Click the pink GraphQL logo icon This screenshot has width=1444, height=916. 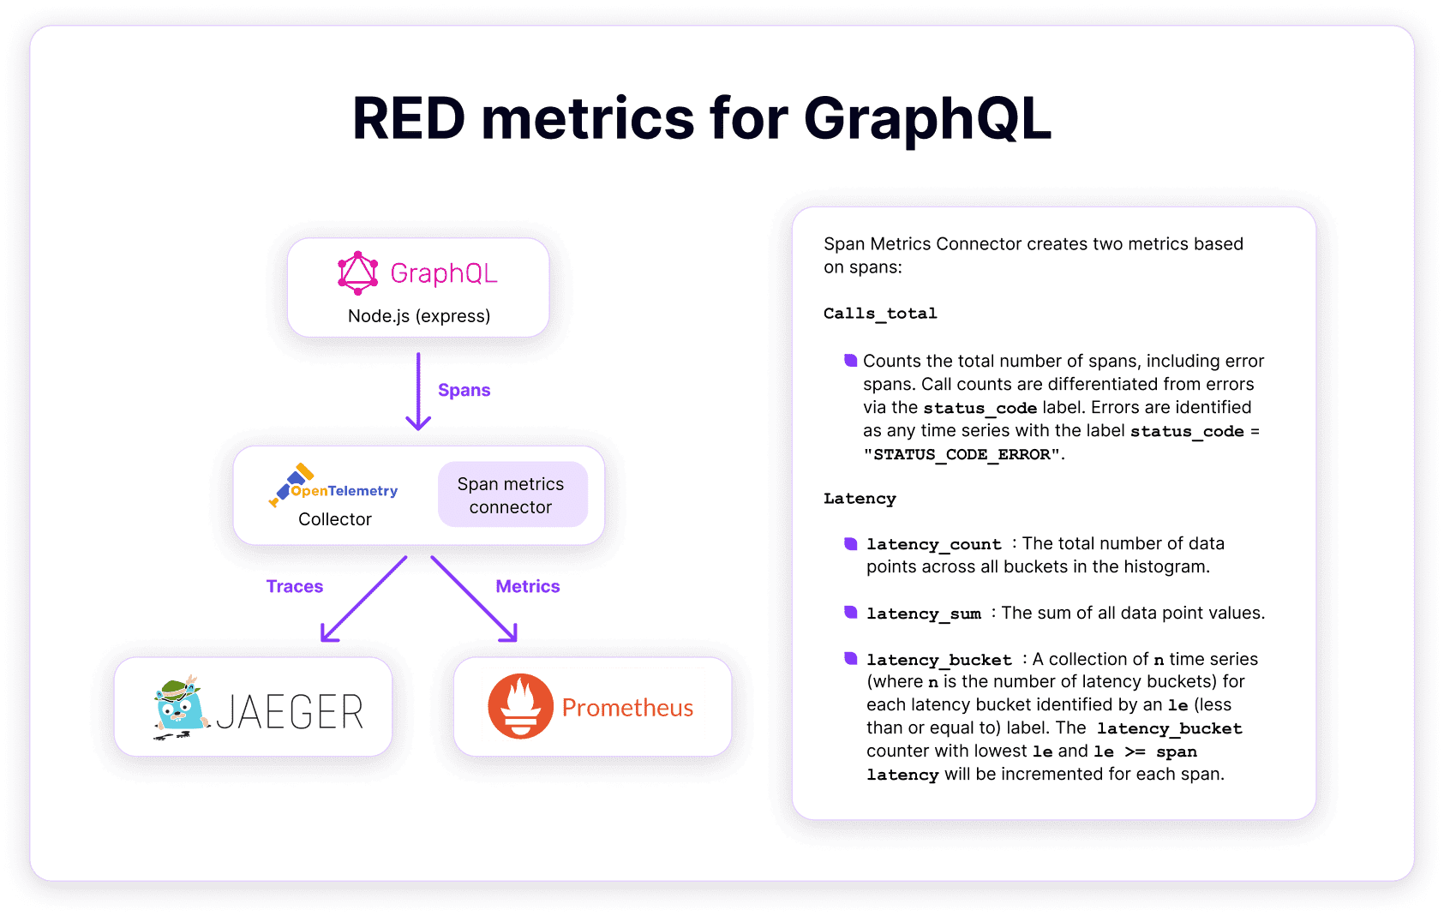[357, 273]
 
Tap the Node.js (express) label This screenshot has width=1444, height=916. [419, 316]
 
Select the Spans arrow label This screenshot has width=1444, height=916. [464, 390]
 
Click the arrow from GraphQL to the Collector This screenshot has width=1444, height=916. [418, 392]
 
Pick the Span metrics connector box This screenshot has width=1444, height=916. [512, 494]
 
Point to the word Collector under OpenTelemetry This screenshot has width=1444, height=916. [334, 519]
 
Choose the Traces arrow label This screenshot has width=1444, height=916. [295, 586]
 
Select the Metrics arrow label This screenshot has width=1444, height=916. [527, 586]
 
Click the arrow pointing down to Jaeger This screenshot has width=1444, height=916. [364, 599]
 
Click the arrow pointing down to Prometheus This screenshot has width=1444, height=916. [474, 599]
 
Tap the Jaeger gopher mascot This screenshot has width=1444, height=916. [181, 708]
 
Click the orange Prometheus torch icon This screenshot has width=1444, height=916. [520, 707]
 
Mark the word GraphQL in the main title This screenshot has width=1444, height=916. [927, 120]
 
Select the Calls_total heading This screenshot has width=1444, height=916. [880, 314]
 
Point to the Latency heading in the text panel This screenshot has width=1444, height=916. [860, 499]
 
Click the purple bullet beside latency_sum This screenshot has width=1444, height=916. [851, 612]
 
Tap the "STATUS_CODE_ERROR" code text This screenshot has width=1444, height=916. [962, 454]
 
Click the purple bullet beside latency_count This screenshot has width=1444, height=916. [851, 543]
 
